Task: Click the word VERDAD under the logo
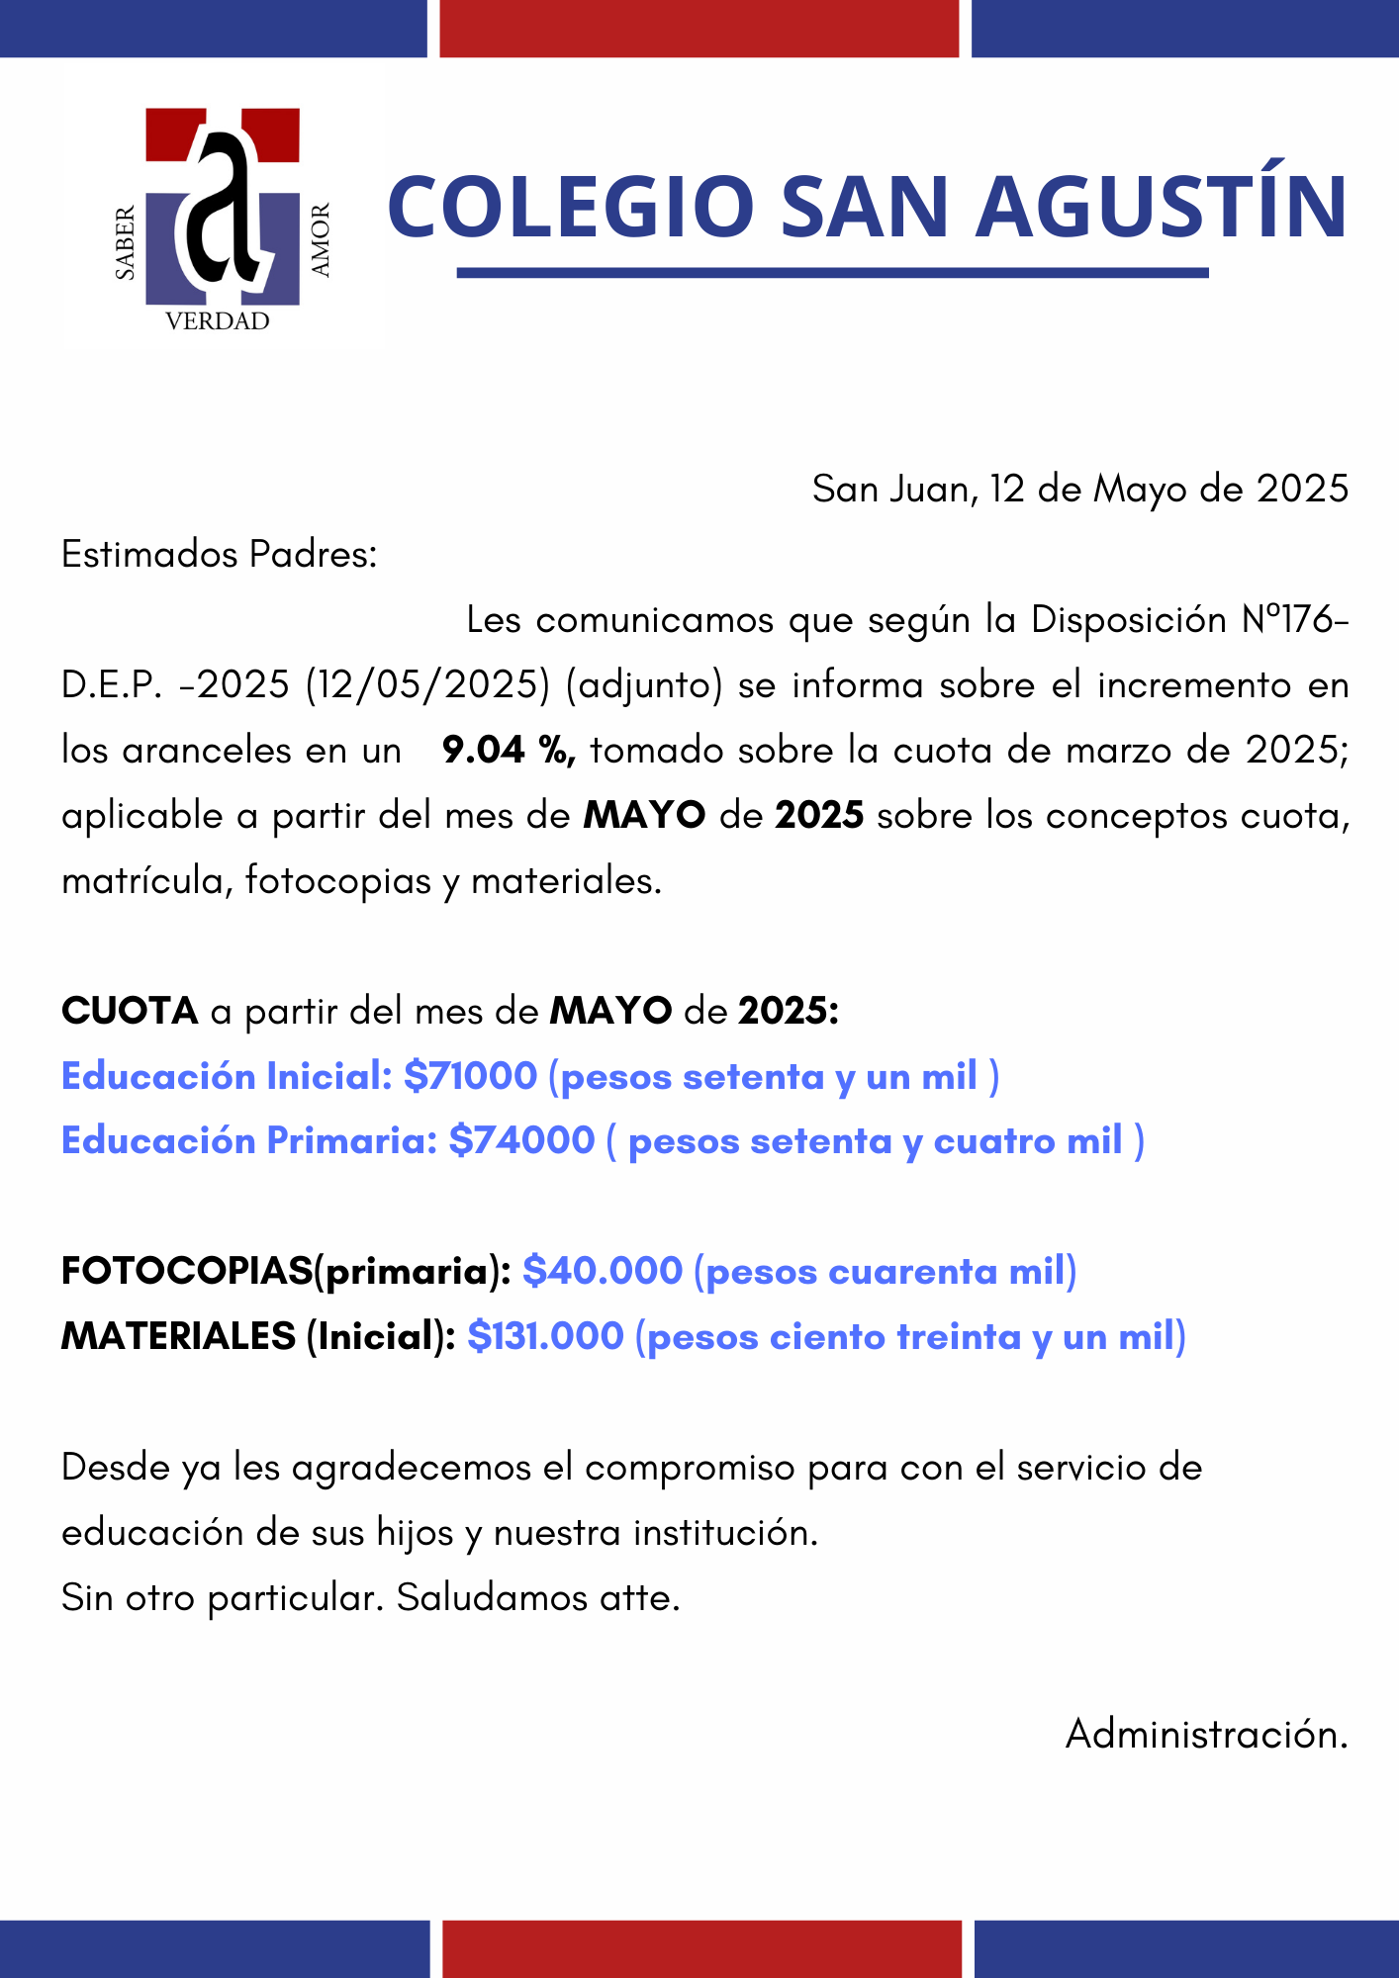point(217,321)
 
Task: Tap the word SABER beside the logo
point(126,243)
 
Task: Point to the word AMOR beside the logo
point(321,240)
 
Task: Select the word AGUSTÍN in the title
point(1162,207)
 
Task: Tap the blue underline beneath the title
point(832,273)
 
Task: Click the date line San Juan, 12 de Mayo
point(1079,489)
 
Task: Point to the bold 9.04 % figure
point(509,751)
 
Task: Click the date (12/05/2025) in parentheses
point(427,685)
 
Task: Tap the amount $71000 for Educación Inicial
point(471,1076)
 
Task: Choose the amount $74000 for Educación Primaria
point(521,1140)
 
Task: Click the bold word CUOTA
point(130,1011)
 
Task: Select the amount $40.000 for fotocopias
point(603,1271)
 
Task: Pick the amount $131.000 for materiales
point(546,1336)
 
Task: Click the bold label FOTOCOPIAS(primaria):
point(286,1271)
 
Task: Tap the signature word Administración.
point(1206,1734)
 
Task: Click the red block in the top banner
point(699,28)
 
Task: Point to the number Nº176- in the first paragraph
point(1294,620)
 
